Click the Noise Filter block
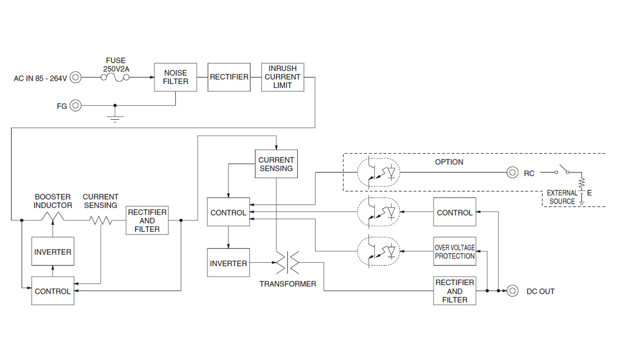(175, 77)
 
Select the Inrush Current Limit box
(282, 77)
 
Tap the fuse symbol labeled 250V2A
(116, 77)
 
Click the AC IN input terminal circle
(76, 78)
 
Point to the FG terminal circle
(76, 105)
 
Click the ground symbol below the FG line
(115, 119)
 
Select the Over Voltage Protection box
(455, 251)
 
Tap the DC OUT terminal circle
(512, 291)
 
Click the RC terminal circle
(512, 173)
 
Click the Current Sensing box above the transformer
(276, 164)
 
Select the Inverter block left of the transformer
(228, 263)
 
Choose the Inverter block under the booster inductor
(52, 251)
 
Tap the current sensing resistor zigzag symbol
(101, 220)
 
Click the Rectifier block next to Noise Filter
(229, 77)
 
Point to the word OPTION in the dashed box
(449, 162)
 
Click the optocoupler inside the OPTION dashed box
(378, 173)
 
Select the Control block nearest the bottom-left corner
(52, 291)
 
